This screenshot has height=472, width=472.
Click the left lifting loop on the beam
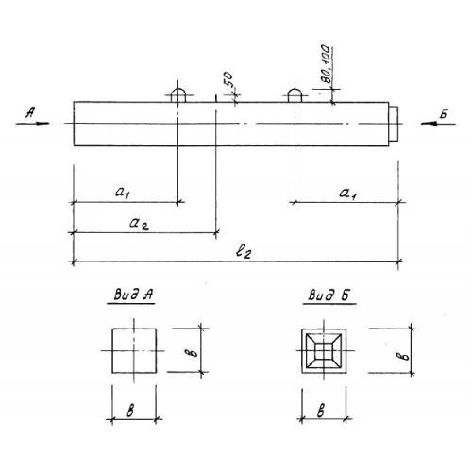[178, 90]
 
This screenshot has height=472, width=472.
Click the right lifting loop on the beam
[295, 90]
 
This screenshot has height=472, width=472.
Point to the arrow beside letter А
[33, 124]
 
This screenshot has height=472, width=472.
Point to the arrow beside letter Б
[438, 124]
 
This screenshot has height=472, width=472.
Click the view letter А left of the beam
[30, 112]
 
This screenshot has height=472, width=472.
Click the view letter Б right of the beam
[444, 113]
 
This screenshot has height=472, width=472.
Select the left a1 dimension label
[123, 192]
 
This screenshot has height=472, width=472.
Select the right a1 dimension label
[347, 194]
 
